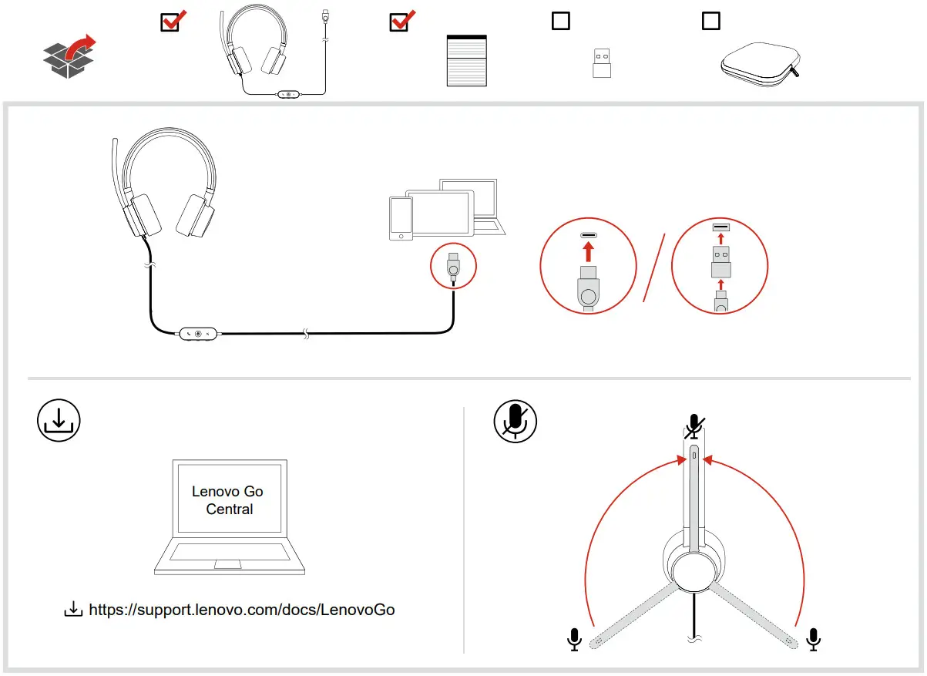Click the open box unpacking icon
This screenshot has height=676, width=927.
[x=68, y=56]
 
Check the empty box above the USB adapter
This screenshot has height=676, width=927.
[x=560, y=21]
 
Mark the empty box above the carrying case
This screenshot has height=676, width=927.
[x=710, y=21]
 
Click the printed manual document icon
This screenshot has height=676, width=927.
[x=467, y=60]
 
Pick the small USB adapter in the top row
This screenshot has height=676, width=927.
[x=601, y=63]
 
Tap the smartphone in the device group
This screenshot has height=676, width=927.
[x=401, y=219]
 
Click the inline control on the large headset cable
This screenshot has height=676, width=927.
[x=199, y=334]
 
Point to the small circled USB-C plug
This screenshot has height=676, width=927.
[x=453, y=267]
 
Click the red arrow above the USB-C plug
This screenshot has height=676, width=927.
[x=588, y=251]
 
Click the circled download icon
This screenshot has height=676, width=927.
[x=59, y=420]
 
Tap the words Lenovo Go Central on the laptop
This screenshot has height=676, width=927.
[x=228, y=500]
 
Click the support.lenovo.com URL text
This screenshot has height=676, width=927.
[x=242, y=610]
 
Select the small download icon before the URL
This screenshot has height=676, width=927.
[x=72, y=610]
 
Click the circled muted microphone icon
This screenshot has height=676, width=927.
[x=515, y=421]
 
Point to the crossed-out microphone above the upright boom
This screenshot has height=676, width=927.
[x=695, y=425]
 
